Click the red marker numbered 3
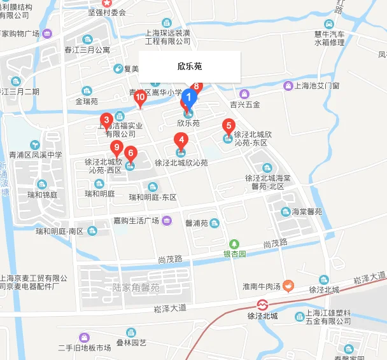tap(106, 119)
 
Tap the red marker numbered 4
tap(181, 141)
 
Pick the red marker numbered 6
tap(130, 153)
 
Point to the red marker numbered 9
tap(116, 148)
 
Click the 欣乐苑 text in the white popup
tap(190, 66)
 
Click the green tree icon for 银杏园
tap(234, 244)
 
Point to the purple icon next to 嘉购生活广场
tap(166, 221)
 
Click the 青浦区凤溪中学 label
tap(36, 155)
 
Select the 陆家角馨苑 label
tap(136, 287)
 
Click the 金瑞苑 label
tap(87, 100)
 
